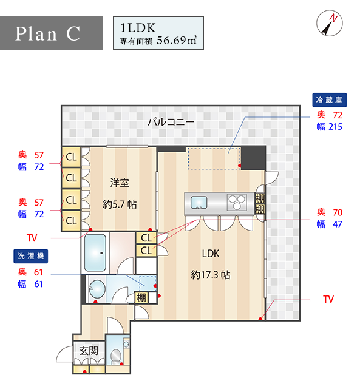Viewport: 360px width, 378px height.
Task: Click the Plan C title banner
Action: point(52,33)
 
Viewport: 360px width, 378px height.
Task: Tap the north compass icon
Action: point(330,23)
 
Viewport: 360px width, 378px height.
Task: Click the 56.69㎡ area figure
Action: point(177,40)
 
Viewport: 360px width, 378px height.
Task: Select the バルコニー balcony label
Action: point(171,122)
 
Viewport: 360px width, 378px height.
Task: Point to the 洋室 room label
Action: point(120,183)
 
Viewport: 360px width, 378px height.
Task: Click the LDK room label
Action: point(211,254)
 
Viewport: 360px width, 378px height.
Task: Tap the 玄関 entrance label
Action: point(89,351)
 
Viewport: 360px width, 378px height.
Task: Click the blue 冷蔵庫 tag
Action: point(330,100)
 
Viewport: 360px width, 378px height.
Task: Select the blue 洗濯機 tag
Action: point(30,256)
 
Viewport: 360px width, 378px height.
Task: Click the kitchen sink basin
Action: point(199,203)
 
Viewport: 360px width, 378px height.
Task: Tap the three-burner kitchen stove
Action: point(237,202)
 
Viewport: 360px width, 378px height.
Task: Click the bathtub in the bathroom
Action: point(95,252)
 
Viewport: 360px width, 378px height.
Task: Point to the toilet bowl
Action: point(117,356)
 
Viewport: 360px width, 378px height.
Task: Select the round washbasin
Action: point(97,289)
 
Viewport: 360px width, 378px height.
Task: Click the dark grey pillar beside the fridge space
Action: point(253,158)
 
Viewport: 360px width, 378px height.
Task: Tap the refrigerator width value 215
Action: point(335,127)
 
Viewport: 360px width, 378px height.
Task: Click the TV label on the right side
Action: point(328,299)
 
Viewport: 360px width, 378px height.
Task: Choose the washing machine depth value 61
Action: point(38,272)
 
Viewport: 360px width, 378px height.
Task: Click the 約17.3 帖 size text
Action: point(211,275)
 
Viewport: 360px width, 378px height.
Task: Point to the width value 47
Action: point(338,224)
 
